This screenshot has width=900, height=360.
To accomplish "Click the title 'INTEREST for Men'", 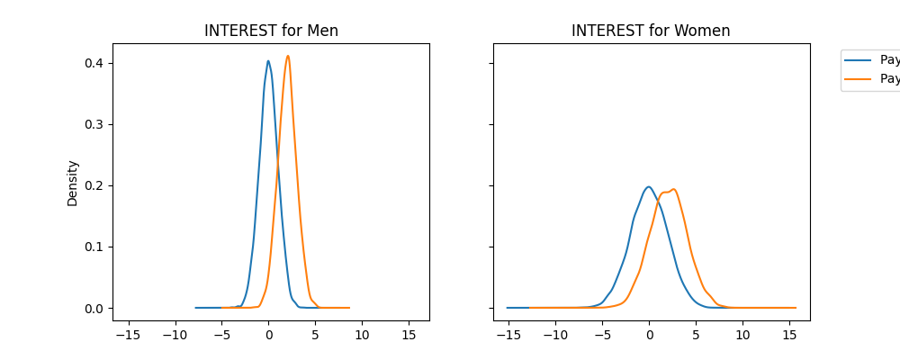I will tap(271, 31).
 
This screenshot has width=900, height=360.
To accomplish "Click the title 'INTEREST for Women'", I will tap(651, 31).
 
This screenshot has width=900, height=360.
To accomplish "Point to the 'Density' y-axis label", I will tap(73, 183).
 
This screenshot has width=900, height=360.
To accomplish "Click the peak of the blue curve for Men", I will tap(268, 61).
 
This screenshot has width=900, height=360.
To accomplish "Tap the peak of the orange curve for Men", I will tap(288, 56).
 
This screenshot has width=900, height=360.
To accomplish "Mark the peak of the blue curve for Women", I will tap(648, 187).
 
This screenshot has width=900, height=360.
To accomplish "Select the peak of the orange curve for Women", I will tap(673, 189).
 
